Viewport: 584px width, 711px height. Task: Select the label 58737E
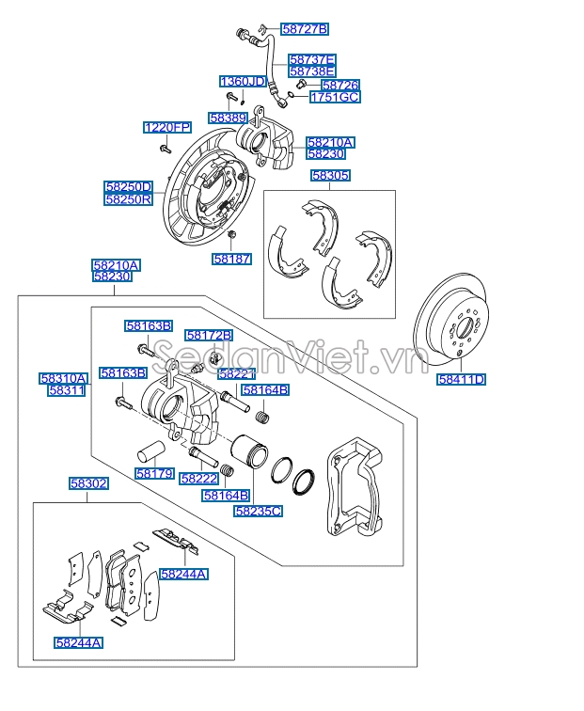[312, 58]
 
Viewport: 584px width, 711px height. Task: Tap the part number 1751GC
[335, 97]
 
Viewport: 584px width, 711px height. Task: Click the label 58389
[229, 118]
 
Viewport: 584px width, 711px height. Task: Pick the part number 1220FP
[167, 127]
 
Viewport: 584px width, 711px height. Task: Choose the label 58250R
[129, 199]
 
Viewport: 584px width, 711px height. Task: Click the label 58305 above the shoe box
[331, 175]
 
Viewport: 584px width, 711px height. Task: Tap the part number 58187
[231, 258]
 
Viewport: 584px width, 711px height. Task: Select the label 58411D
[462, 380]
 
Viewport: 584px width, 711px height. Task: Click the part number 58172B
[209, 335]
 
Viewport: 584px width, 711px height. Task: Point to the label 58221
[235, 373]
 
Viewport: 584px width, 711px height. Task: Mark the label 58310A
[64, 378]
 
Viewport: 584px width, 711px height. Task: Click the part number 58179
[154, 474]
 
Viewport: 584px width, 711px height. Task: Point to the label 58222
[199, 478]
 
